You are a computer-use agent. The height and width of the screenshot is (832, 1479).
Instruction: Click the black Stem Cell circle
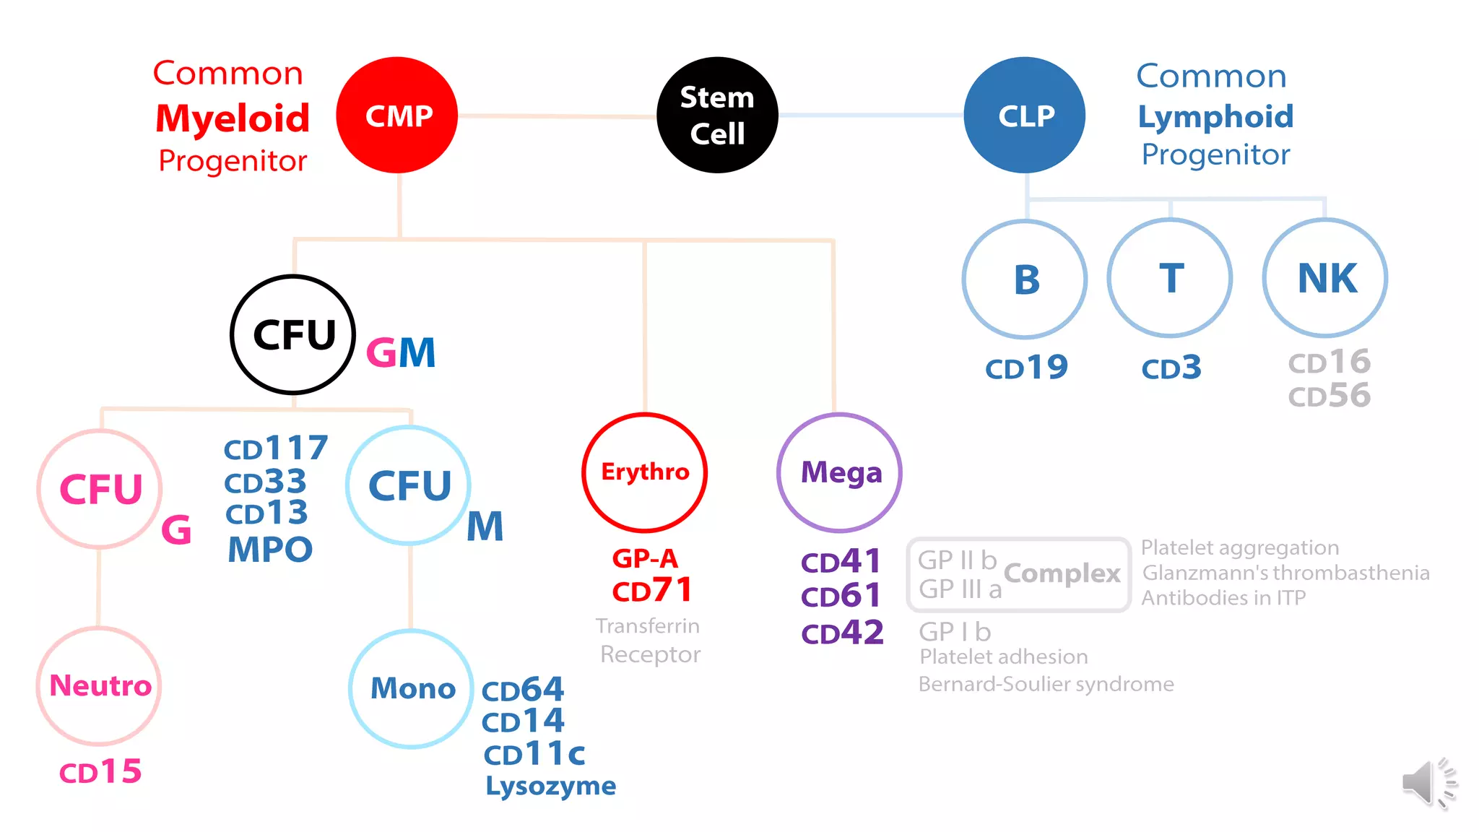pyautogui.click(x=717, y=116)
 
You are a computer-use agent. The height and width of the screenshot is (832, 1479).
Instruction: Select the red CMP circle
pyautogui.click(x=397, y=116)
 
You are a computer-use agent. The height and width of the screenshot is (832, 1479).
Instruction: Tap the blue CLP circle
pyautogui.click(x=1025, y=116)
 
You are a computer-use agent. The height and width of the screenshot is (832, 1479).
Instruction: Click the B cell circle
pyautogui.click(x=1025, y=279)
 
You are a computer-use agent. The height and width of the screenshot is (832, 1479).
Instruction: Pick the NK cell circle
pyautogui.click(x=1326, y=278)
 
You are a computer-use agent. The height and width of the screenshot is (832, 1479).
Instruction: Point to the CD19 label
pyautogui.click(x=1026, y=368)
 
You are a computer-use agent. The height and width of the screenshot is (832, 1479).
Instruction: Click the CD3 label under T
pyautogui.click(x=1171, y=368)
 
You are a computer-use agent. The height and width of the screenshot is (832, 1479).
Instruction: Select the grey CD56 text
pyautogui.click(x=1329, y=396)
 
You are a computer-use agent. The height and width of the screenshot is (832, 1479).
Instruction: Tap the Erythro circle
pyautogui.click(x=645, y=472)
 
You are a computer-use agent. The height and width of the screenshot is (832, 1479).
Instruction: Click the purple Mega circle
pyautogui.click(x=840, y=473)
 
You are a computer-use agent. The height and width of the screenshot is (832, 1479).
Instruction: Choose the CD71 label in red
pyautogui.click(x=652, y=591)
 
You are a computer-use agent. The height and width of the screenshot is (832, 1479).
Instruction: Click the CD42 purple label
pyautogui.click(x=842, y=633)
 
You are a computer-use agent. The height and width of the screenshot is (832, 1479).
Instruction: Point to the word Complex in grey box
pyautogui.click(x=1062, y=573)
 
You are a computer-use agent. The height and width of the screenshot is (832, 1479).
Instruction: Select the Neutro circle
pyautogui.click(x=100, y=686)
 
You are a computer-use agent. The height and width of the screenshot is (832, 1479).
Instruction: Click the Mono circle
pyautogui.click(x=412, y=689)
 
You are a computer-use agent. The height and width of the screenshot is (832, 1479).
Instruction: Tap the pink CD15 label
pyautogui.click(x=100, y=772)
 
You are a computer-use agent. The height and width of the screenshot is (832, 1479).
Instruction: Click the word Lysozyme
pyautogui.click(x=550, y=786)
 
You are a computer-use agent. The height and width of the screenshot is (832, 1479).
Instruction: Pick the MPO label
pyautogui.click(x=270, y=550)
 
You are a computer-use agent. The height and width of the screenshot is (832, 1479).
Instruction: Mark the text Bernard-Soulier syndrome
pyautogui.click(x=1046, y=684)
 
